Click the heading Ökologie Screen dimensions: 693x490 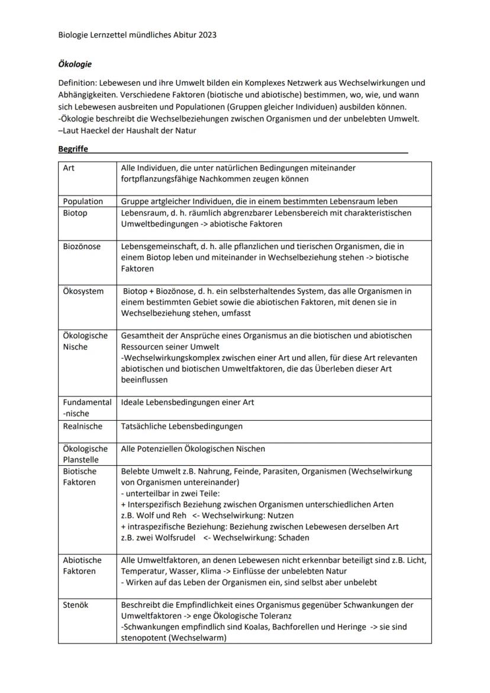(x=75, y=64)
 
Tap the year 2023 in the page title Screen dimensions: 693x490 (x=207, y=35)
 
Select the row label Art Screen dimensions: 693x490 (x=69, y=168)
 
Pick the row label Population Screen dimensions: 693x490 (x=83, y=201)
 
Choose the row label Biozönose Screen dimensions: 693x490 (x=82, y=246)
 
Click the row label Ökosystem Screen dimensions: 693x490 (x=83, y=291)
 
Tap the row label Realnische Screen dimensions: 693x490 (x=82, y=426)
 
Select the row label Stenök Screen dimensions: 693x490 (x=76, y=605)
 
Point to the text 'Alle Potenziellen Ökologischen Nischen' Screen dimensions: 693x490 (x=193, y=449)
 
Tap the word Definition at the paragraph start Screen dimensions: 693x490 (x=78, y=83)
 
